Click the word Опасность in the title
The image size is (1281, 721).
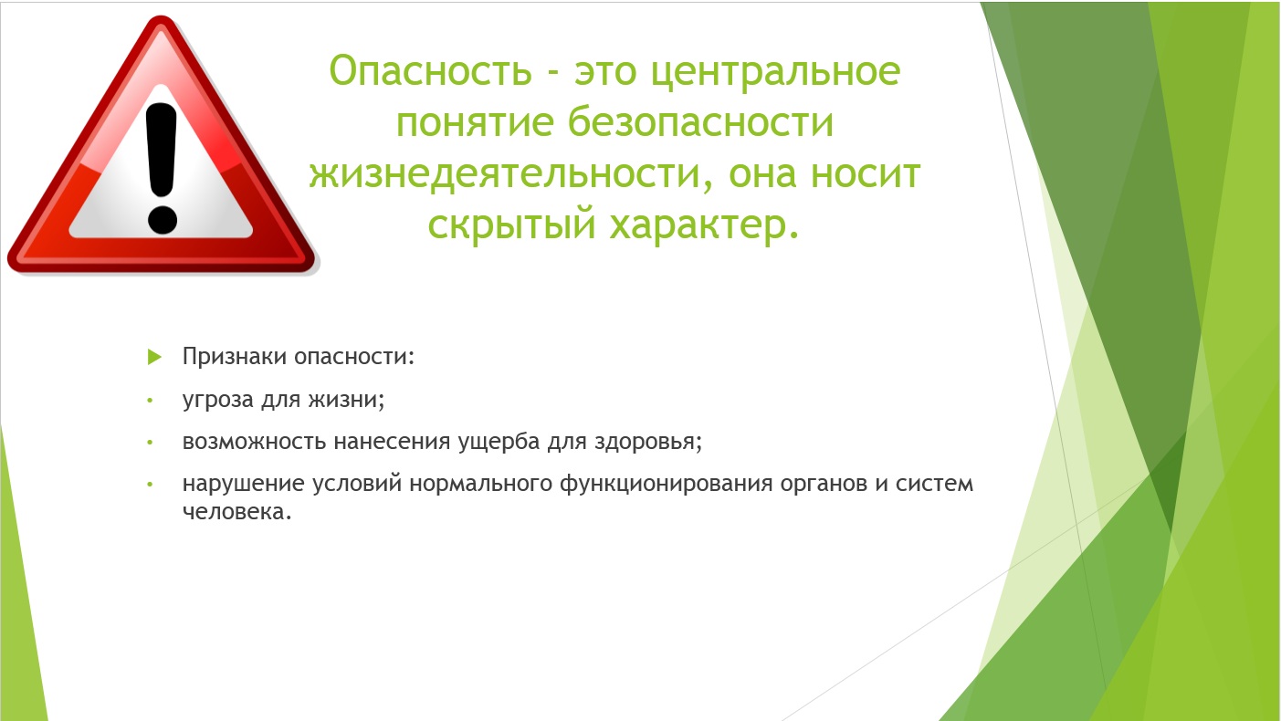click(x=431, y=71)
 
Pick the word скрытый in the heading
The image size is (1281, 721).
click(x=512, y=225)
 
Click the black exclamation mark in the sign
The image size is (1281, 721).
click(x=162, y=168)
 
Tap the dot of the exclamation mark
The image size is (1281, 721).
click(x=163, y=220)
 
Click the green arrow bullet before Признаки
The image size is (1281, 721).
click(x=154, y=357)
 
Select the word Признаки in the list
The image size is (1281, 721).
click(x=235, y=357)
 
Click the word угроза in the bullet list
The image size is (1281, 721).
click(x=218, y=400)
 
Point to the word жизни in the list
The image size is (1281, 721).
click(x=347, y=399)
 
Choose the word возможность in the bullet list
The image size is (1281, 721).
click(x=254, y=442)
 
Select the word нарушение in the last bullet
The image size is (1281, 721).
click(x=244, y=485)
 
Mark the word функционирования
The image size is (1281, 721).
click(x=667, y=485)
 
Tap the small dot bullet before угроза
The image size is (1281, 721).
click(x=150, y=401)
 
